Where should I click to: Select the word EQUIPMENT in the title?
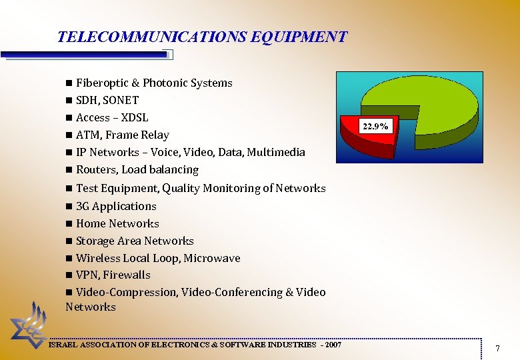click(299, 37)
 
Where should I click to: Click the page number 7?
click(497, 348)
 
